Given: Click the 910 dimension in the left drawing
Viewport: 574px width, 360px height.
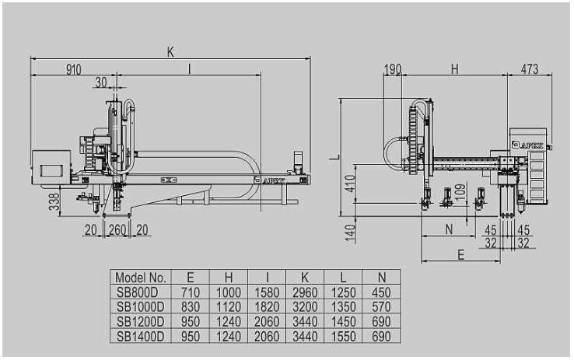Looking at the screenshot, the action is tap(74, 69).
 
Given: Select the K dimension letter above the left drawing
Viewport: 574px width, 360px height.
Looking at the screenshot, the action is tap(170, 52).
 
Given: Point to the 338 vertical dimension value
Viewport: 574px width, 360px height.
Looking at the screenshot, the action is tap(54, 202).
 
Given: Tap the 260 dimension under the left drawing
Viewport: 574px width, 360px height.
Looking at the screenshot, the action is tap(117, 230).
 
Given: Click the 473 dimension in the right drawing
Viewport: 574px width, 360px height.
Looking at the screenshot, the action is tap(530, 68).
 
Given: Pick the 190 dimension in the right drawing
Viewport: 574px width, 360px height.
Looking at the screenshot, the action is tap(393, 68).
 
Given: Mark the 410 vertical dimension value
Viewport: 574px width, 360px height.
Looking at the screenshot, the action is tap(350, 183).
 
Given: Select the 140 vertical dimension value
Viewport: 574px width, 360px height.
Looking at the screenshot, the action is tap(350, 233).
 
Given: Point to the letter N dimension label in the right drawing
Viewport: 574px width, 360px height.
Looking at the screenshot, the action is tap(449, 229).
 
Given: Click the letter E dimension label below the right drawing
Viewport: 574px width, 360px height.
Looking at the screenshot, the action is tap(461, 254).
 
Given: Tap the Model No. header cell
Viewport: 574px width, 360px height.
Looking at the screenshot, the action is tap(141, 278).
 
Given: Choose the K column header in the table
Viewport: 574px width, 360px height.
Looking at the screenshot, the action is tap(305, 278).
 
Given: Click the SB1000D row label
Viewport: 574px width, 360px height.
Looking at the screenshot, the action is tap(141, 306).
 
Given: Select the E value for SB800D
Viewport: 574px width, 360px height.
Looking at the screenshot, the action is tap(191, 292).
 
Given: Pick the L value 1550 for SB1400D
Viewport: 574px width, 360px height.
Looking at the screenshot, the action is tap(343, 336).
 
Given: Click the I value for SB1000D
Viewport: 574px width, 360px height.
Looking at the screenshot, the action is tap(267, 306).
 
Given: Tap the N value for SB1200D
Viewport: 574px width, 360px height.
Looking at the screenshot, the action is tap(381, 322).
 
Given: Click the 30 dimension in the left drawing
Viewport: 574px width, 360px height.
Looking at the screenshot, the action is tap(101, 82).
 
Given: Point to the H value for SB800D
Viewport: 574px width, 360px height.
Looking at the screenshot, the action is tap(229, 292).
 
